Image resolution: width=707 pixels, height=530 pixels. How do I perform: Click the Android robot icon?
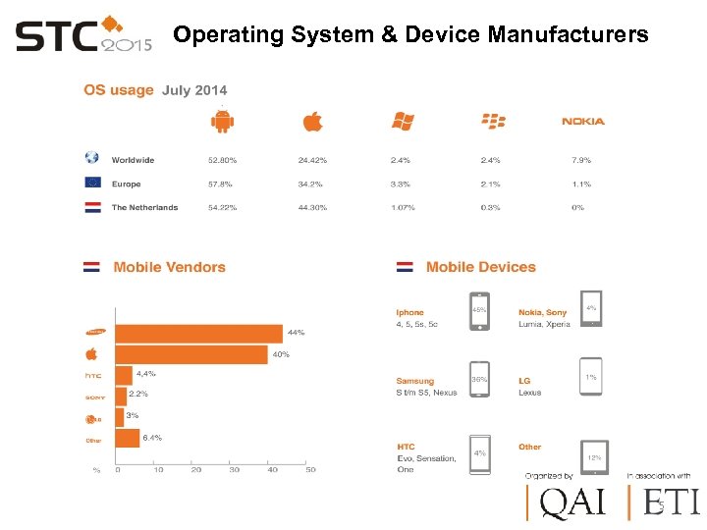(x=223, y=122)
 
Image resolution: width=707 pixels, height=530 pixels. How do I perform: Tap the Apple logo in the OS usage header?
(x=312, y=122)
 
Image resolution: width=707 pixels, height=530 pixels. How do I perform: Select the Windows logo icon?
(x=403, y=122)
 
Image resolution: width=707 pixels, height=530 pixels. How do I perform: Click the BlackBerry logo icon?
(x=493, y=122)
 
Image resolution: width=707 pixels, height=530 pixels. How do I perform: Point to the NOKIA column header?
(x=583, y=122)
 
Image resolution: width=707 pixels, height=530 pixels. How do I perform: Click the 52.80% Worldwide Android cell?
(x=222, y=160)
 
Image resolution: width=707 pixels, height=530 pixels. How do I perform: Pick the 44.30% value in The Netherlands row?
(x=312, y=207)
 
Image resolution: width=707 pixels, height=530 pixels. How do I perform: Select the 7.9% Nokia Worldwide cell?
(x=581, y=160)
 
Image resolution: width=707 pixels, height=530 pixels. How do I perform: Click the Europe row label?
(x=126, y=184)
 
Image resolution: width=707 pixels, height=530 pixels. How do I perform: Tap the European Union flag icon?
(x=92, y=183)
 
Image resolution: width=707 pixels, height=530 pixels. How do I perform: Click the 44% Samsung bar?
(x=198, y=334)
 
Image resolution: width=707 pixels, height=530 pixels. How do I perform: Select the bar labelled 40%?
(x=190, y=354)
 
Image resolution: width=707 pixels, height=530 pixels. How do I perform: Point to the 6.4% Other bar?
(x=128, y=438)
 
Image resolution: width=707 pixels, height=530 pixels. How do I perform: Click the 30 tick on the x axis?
(x=235, y=470)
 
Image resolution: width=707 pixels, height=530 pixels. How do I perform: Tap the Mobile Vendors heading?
(x=169, y=267)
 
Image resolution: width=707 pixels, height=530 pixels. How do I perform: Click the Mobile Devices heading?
(x=480, y=267)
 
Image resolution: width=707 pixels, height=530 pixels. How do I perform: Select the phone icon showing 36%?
(x=479, y=380)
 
